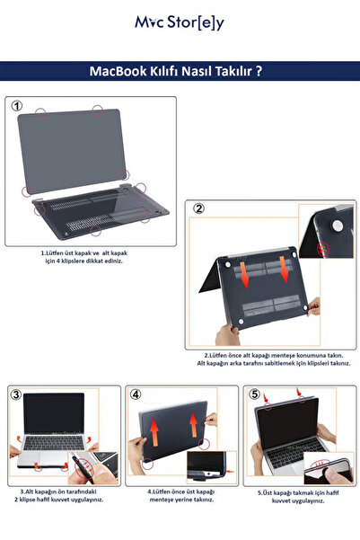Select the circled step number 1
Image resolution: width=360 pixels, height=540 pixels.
(x=16, y=106)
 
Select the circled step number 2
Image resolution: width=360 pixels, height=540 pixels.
(x=199, y=209)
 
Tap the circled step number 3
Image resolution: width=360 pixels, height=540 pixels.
(x=16, y=394)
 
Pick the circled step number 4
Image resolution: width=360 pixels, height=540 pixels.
(x=136, y=394)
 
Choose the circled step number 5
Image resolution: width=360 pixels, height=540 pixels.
(x=254, y=394)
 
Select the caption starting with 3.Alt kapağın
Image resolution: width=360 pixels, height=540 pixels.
(x=60, y=495)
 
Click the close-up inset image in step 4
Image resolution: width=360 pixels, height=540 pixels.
(x=212, y=467)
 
